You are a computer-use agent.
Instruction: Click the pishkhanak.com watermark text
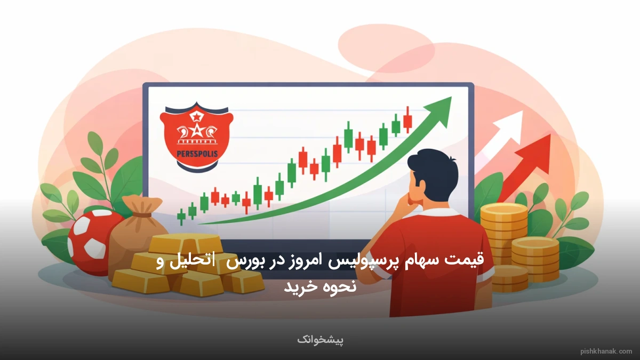606,351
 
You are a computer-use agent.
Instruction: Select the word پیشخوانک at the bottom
321,339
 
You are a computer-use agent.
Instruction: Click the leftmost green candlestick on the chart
181,215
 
